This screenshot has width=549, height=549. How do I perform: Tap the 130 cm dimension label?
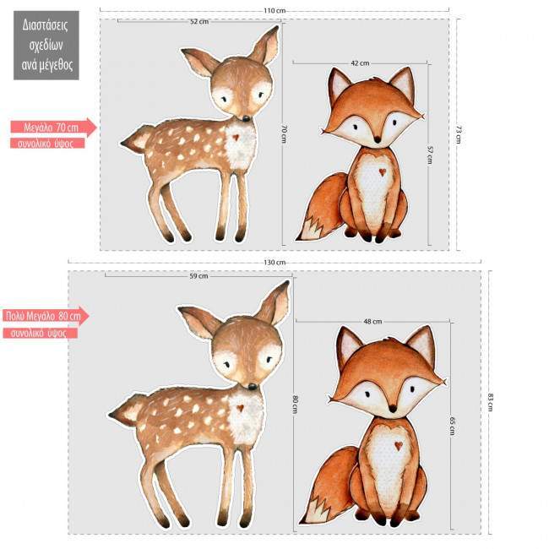(x=274, y=263)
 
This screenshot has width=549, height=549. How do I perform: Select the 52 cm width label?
(x=199, y=21)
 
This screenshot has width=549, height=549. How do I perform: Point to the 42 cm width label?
(x=360, y=63)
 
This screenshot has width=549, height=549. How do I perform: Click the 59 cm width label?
(x=198, y=275)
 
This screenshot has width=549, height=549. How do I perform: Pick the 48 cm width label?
(x=372, y=322)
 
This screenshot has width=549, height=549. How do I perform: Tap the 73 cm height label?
(x=459, y=134)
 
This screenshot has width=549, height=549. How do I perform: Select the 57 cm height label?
(x=430, y=155)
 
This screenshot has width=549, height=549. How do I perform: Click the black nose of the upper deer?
(x=246, y=118)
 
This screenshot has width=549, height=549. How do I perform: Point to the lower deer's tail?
(x=125, y=411)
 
